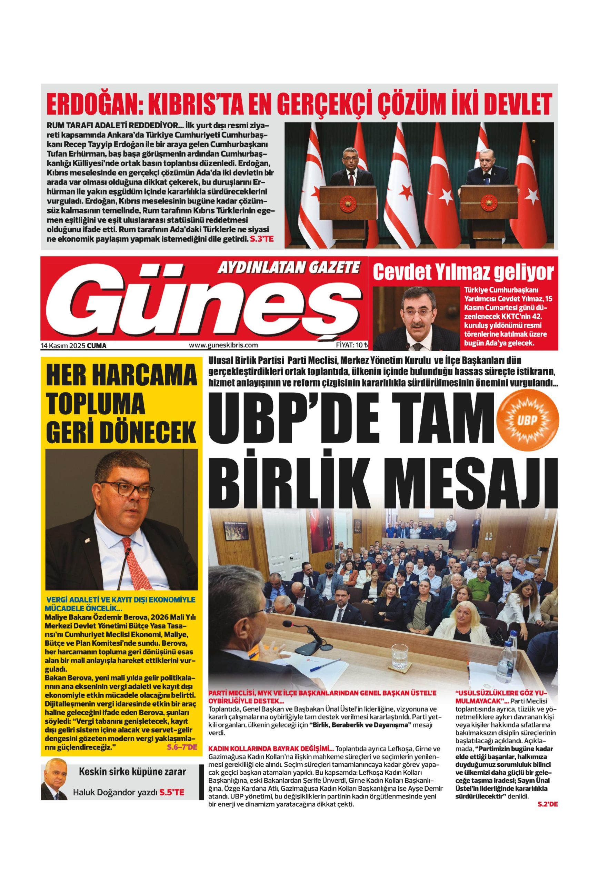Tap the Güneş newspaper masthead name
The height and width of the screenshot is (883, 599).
198,304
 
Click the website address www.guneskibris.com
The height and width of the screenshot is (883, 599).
223,345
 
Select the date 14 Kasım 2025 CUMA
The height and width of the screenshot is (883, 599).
74,345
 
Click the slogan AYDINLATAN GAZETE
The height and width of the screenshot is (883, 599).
288,268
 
